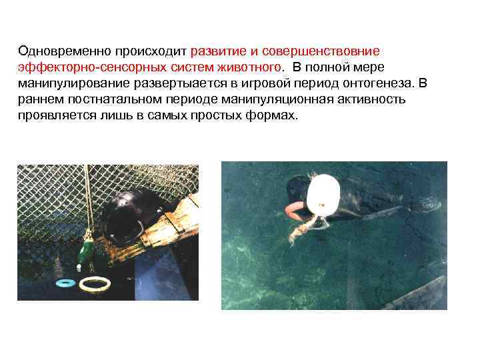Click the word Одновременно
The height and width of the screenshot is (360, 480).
pyautogui.click(x=64, y=51)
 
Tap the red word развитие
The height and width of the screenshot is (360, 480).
pyautogui.click(x=218, y=51)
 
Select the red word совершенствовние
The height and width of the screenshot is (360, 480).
pyautogui.click(x=321, y=51)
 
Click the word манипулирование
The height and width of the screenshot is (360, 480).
pyautogui.click(x=74, y=83)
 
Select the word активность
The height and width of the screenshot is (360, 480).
pyautogui.click(x=371, y=99)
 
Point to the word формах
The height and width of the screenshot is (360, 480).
pyautogui.click(x=271, y=115)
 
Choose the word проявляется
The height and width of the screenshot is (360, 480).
pyautogui.click(x=56, y=116)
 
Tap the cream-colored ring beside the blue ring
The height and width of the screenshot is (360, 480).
pyautogui.click(x=95, y=284)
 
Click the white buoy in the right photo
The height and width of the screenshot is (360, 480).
pyautogui.click(x=323, y=195)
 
